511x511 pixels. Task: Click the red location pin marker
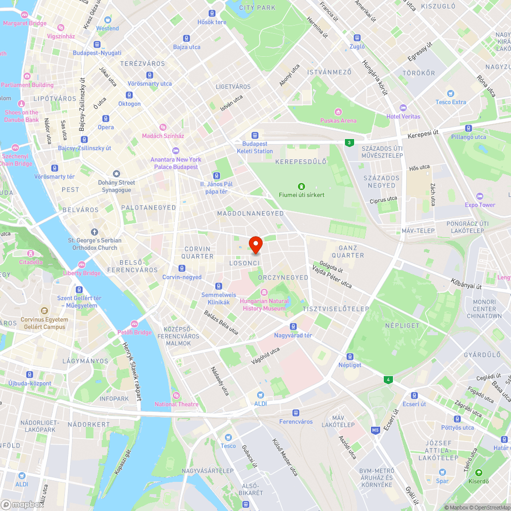click(255, 244)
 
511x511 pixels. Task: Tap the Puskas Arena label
click(338, 121)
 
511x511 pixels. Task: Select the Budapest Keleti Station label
click(255, 148)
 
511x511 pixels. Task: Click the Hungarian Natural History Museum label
click(264, 305)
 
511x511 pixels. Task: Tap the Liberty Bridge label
click(82, 273)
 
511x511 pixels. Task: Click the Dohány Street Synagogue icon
click(117, 174)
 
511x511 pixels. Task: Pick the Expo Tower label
click(480, 205)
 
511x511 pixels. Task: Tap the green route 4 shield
click(389, 379)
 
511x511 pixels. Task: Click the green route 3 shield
click(349, 143)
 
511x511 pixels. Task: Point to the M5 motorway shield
click(376, 430)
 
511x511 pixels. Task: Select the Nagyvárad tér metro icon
click(293, 327)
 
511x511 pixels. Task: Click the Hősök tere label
click(212, 22)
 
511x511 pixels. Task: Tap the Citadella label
click(31, 262)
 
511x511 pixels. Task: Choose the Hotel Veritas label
click(403, 116)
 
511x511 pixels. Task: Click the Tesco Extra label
click(450, 102)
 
